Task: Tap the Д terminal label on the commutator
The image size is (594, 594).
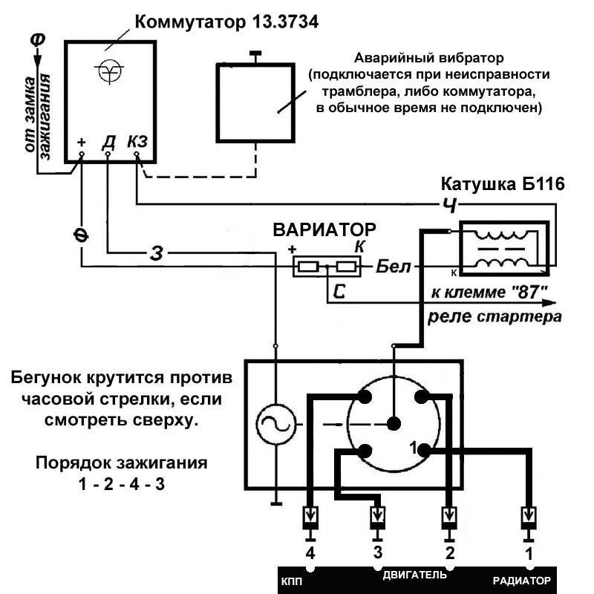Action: coord(108,141)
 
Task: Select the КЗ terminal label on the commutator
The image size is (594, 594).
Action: coord(137,141)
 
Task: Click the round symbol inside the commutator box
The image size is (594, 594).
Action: coord(109,72)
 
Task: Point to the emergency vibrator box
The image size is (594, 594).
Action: coord(255,102)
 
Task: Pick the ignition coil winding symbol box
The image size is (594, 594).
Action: coord(505,247)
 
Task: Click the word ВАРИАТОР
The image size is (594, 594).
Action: coord(324,229)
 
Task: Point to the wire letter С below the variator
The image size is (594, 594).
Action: coord(339,292)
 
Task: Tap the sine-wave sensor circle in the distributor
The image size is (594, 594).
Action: coord(275,425)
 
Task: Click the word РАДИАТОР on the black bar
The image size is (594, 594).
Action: coord(523,580)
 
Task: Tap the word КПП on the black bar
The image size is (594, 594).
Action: coord(292,580)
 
